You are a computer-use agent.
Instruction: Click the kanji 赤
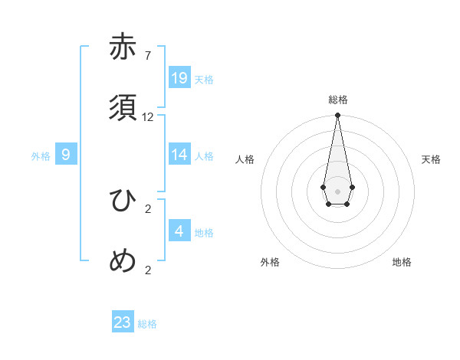coord(123,47)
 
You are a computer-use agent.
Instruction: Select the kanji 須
coord(123,108)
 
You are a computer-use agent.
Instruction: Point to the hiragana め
coord(123,261)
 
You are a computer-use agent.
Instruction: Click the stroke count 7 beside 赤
coord(147,55)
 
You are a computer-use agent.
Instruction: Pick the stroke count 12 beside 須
coord(148,117)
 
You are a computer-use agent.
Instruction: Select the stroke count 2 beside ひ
coord(148,208)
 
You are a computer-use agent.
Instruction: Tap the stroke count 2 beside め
coord(148,270)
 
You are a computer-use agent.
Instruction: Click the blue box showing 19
coord(179,78)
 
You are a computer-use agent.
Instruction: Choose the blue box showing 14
coord(179,155)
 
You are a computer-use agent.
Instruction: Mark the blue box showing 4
coord(179,231)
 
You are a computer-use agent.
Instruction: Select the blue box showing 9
coord(66,155)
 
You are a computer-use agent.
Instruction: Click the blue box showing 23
coord(123,322)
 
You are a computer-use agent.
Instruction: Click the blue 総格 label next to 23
coord(147,324)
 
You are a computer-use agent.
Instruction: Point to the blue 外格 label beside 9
coord(41,156)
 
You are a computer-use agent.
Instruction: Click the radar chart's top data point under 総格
coord(337,116)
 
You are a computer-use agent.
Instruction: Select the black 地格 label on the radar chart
coord(402,262)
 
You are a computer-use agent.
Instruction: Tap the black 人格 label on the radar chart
coord(245,159)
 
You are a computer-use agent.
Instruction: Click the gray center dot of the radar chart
coord(337,191)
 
